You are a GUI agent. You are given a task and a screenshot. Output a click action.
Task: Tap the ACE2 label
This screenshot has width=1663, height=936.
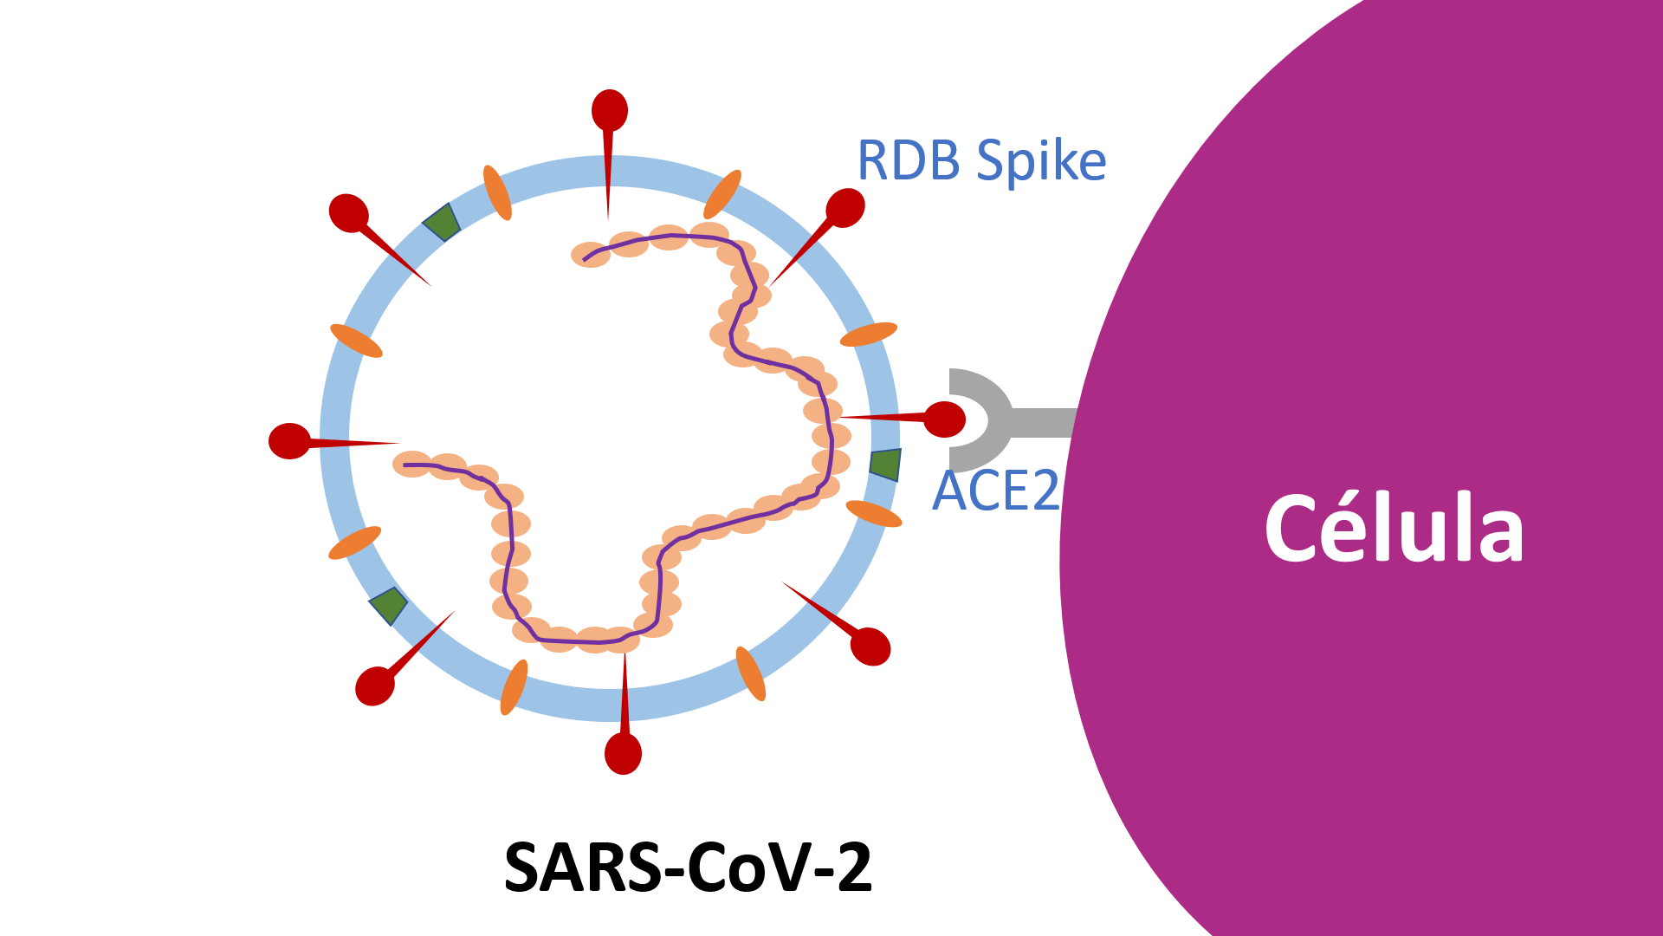coord(995,491)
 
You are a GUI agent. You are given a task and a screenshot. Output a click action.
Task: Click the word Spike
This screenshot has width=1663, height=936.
coord(1041,162)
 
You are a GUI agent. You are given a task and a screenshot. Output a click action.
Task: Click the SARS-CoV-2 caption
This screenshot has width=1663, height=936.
coord(688,868)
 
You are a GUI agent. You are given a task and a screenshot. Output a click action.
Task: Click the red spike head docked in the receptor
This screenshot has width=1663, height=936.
coord(944,419)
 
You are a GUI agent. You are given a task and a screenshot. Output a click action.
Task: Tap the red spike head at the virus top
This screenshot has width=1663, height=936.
coord(610,110)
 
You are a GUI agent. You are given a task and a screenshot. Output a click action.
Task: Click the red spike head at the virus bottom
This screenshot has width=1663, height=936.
coord(623,753)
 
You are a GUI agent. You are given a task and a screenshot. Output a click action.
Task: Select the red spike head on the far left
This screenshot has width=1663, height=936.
coord(289,441)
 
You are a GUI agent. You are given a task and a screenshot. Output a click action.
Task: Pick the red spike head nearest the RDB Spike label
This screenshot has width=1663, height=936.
coord(845,208)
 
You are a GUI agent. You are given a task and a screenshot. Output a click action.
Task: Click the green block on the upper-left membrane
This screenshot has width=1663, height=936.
coord(442,222)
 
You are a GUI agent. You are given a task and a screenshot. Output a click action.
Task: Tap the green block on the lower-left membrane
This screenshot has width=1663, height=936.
coord(389,605)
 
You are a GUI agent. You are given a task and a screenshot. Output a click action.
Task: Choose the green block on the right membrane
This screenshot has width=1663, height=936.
coord(885,465)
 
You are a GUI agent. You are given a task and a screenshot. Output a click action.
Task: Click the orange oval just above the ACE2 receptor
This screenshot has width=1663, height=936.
coord(869,334)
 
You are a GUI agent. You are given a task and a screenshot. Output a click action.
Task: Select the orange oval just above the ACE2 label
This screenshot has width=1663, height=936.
coord(873,514)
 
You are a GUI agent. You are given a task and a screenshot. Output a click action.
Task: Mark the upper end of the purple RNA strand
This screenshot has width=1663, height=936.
coord(585,259)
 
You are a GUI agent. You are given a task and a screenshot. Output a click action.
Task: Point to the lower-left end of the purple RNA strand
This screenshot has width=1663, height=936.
coord(404,465)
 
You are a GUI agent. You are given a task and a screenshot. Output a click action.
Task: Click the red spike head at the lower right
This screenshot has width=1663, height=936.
coord(871,647)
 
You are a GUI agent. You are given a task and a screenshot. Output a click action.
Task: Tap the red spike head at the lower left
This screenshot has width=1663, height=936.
coord(375,686)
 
